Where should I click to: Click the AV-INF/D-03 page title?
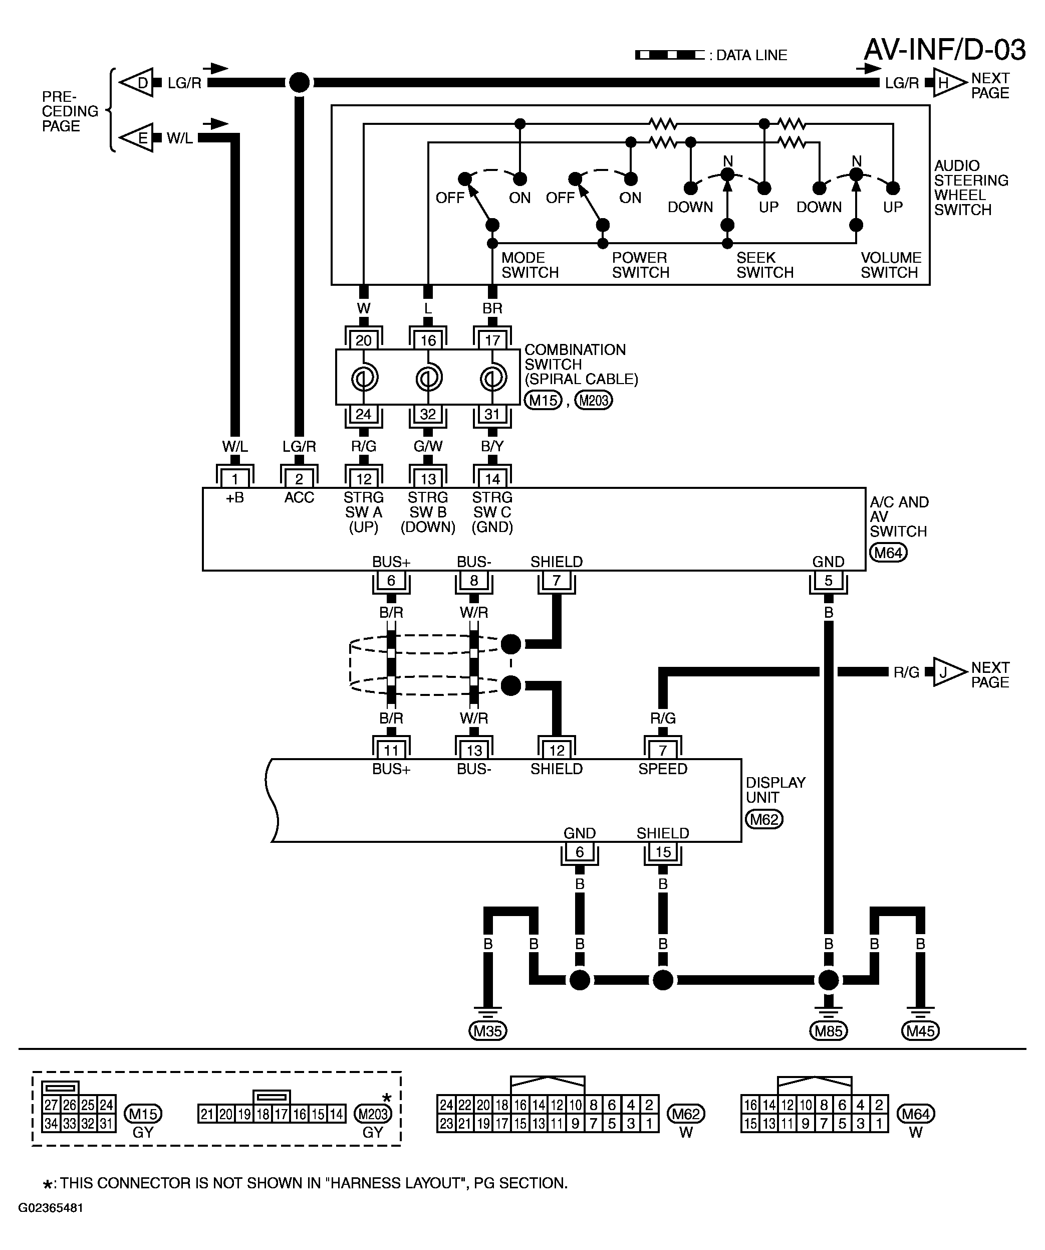[944, 50]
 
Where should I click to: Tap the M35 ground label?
[488, 1030]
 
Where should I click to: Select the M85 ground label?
[828, 1030]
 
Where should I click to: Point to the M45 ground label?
[920, 1030]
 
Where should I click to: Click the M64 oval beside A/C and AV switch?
[888, 553]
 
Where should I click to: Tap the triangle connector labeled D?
[137, 83]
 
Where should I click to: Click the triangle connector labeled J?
[950, 672]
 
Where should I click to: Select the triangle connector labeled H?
[950, 83]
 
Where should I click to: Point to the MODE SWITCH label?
[530, 265]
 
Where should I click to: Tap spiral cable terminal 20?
[363, 340]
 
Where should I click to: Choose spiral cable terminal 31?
[492, 414]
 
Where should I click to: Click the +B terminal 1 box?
[235, 478]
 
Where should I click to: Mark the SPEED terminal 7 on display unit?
[663, 750]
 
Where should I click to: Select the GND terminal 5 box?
[828, 580]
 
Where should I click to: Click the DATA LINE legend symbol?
[670, 55]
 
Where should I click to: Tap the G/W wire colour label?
[428, 446]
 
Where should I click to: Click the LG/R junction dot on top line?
[299, 83]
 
